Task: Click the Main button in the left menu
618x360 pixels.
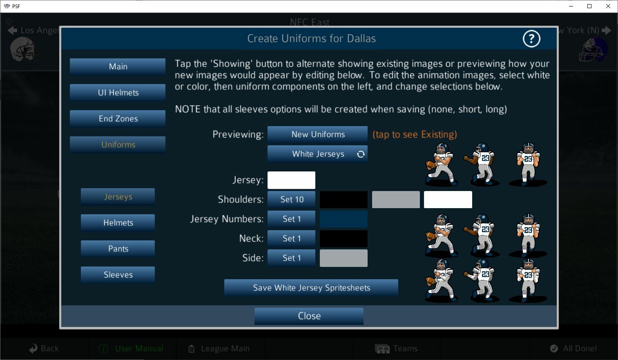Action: coord(118,67)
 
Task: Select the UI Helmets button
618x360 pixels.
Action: coord(118,93)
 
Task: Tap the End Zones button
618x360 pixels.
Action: coord(118,119)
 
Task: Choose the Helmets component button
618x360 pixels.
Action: coord(118,223)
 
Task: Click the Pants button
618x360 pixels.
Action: coord(118,249)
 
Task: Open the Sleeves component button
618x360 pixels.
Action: coord(118,275)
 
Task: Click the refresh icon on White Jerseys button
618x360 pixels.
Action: coord(361,154)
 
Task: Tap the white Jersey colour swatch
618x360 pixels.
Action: coord(291,180)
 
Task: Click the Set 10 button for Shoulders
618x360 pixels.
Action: coord(291,200)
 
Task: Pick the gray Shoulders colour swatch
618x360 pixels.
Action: coord(395,200)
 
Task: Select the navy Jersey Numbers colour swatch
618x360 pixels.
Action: coord(344,219)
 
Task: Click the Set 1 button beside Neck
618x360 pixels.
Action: coord(291,239)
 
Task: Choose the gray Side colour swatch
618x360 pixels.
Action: coord(344,258)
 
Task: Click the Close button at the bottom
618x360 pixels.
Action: coord(309,316)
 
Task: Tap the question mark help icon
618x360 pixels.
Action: coord(531,39)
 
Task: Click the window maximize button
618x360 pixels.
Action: coord(589,6)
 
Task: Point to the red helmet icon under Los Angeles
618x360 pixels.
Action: coord(24,49)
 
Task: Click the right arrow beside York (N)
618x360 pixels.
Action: coord(607,30)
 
